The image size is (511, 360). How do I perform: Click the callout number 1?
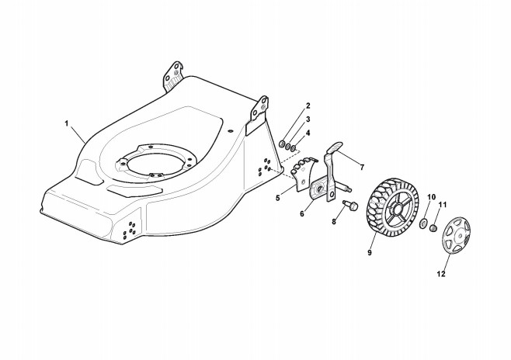click(x=67, y=124)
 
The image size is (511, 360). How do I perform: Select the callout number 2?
click(x=307, y=106)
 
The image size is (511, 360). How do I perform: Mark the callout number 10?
click(x=432, y=196)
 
